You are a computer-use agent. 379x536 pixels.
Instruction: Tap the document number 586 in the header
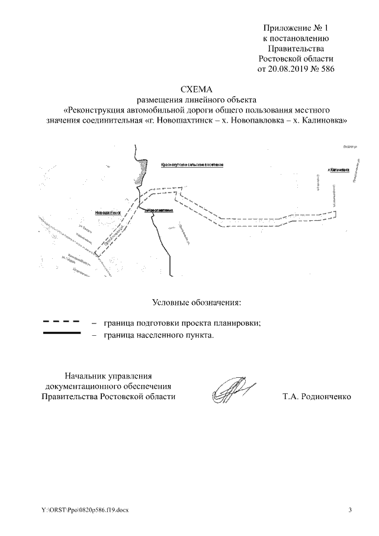pos(328,69)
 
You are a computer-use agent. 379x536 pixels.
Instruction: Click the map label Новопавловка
pos(159,210)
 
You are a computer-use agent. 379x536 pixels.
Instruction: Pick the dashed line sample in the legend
pos(62,322)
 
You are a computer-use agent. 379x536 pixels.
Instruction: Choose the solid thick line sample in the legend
pos(62,334)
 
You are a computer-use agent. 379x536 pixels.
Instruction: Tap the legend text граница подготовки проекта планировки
pos(182,323)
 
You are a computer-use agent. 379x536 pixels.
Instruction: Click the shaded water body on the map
pos(141,172)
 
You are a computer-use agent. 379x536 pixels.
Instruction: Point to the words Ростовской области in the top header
pos(296,59)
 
